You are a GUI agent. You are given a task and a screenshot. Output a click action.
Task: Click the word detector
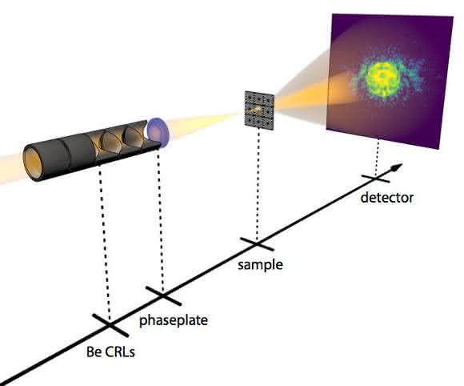(x=386, y=198)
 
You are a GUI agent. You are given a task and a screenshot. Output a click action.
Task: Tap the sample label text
(x=260, y=264)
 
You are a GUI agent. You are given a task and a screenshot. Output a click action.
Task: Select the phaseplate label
(x=174, y=320)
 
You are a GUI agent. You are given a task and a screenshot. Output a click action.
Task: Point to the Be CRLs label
(x=110, y=352)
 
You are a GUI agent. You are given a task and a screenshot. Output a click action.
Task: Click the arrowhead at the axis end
(x=397, y=167)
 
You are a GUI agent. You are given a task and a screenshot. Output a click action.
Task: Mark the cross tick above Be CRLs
(x=110, y=325)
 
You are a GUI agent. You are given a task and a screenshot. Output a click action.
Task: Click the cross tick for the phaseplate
(x=163, y=296)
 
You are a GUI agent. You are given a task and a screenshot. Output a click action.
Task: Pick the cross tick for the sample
(x=257, y=243)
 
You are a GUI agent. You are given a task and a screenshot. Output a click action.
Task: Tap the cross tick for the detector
(x=375, y=179)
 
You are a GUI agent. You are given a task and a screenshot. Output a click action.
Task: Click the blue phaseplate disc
(x=158, y=132)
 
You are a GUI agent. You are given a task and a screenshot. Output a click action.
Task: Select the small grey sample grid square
(x=259, y=110)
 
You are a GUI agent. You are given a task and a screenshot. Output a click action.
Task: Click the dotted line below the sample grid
(x=258, y=185)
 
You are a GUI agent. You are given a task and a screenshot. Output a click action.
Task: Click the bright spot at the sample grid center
(x=256, y=110)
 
